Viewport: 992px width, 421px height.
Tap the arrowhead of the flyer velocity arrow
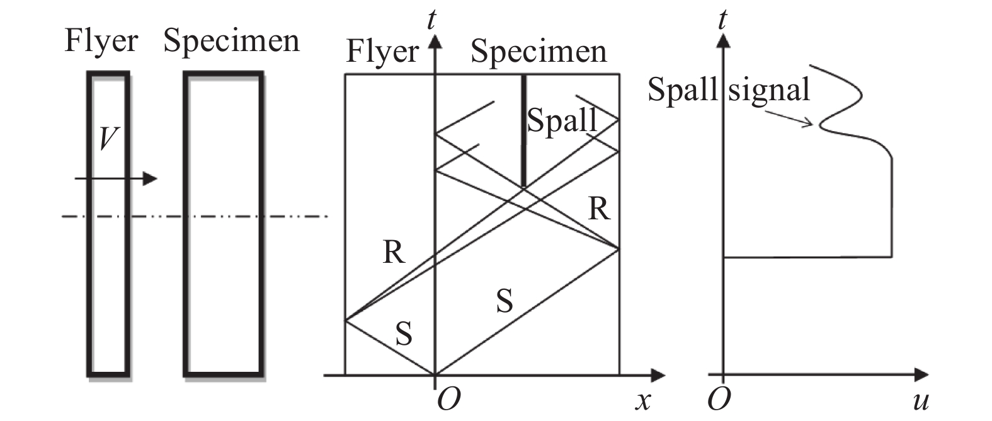click(x=150, y=179)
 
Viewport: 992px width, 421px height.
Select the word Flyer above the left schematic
click(x=101, y=42)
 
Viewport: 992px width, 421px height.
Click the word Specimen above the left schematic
click(x=231, y=42)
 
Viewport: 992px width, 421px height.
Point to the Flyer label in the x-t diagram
click(x=382, y=52)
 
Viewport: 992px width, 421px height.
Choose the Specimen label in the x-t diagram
click(x=539, y=52)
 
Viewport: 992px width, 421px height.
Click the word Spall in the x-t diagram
click(x=561, y=120)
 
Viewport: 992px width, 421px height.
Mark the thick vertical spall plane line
click(x=523, y=132)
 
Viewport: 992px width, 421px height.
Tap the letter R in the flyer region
click(x=394, y=252)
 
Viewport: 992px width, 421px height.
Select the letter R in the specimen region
click(x=599, y=209)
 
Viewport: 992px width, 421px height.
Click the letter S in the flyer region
click(x=404, y=333)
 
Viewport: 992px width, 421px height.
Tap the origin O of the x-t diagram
click(x=448, y=400)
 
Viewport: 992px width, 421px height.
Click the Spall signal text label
click(x=729, y=89)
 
